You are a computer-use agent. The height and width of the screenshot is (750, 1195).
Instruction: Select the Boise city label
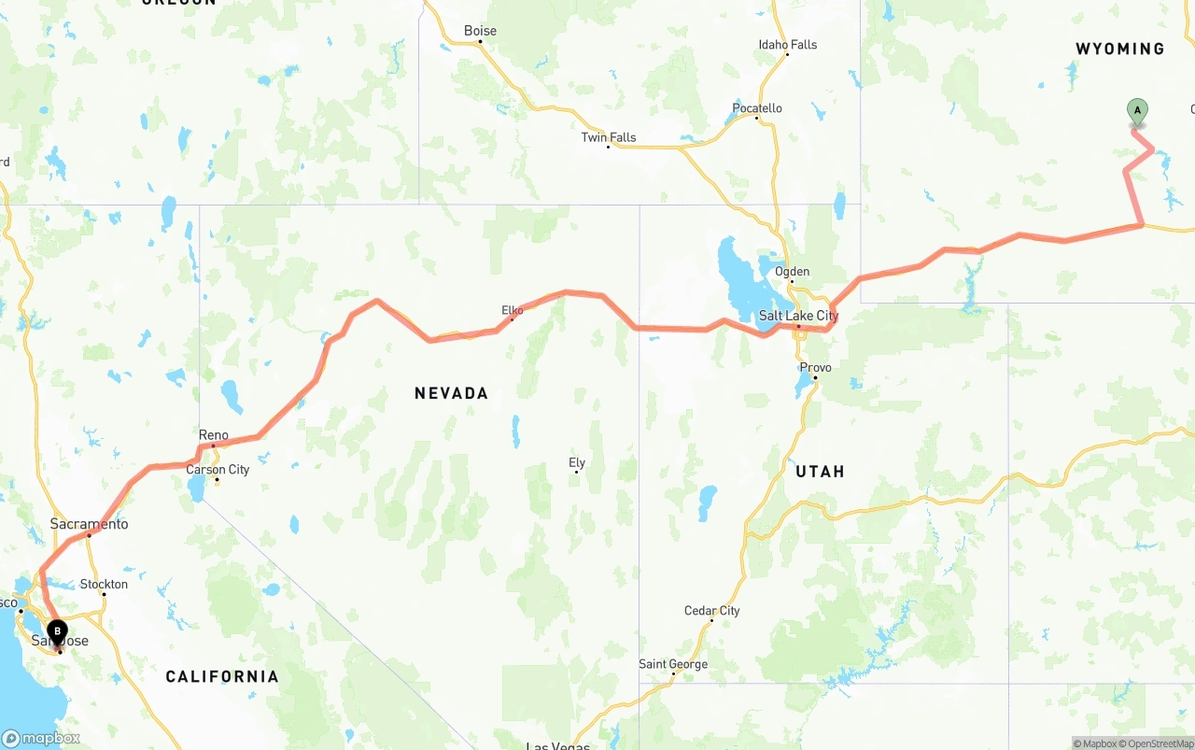tap(480, 31)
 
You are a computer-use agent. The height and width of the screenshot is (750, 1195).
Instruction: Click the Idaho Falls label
tap(787, 45)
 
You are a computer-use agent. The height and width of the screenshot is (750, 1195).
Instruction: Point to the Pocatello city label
tap(756, 108)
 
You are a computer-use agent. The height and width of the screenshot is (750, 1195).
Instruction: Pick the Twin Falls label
tap(608, 137)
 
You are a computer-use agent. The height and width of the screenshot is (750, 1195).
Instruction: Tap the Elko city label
tap(513, 310)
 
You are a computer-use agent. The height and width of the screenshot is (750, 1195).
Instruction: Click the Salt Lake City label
tap(798, 316)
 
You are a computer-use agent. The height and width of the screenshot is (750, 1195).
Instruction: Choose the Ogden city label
tap(792, 272)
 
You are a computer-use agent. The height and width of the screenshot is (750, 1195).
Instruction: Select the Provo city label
tap(814, 367)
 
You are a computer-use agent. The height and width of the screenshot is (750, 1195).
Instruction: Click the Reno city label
tap(213, 435)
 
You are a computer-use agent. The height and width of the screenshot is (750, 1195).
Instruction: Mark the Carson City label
tap(218, 469)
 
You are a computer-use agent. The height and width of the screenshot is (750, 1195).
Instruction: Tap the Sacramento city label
tap(89, 524)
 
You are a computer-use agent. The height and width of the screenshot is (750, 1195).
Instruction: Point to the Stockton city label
tap(104, 584)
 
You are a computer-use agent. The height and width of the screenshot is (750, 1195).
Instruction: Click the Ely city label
tap(577, 462)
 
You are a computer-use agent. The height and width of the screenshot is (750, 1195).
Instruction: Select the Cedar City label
tap(711, 611)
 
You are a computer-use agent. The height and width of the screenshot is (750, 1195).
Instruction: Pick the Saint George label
tap(672, 664)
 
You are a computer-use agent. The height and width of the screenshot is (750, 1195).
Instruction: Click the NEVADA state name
tap(451, 393)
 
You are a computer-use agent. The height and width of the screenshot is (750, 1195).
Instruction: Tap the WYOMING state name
tap(1119, 49)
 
